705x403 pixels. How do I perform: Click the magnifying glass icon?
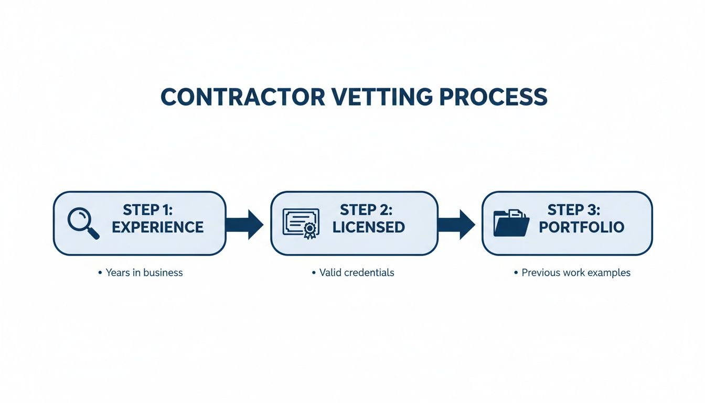click(x=83, y=224)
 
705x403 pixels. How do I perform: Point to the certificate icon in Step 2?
click(x=301, y=224)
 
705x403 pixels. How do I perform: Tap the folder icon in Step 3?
click(x=511, y=224)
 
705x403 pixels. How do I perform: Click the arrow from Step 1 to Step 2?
click(x=244, y=224)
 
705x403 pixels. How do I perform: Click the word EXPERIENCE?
click(x=157, y=227)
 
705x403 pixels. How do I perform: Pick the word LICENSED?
click(x=369, y=227)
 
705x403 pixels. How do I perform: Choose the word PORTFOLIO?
click(x=582, y=227)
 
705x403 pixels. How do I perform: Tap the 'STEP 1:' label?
click(x=148, y=210)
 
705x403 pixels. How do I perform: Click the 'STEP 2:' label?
click(x=366, y=210)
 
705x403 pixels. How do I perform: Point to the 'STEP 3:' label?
click(x=573, y=210)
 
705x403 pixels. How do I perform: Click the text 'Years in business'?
click(x=144, y=272)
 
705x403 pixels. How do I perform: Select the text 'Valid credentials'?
click(x=357, y=272)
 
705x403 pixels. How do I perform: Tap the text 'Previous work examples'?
click(x=576, y=273)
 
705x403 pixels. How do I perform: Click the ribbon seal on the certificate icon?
click(x=310, y=230)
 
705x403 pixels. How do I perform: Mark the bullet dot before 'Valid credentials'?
click(x=314, y=273)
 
